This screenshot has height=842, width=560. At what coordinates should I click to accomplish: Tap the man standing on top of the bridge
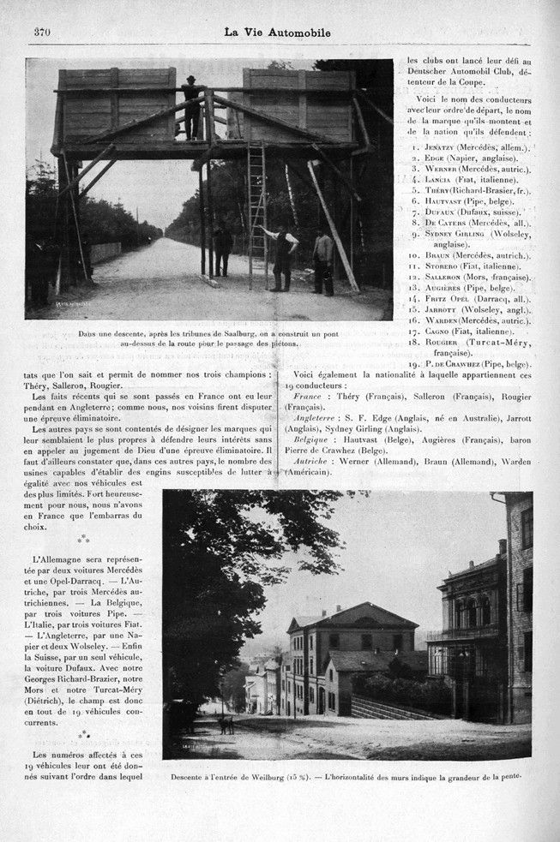pos(191,107)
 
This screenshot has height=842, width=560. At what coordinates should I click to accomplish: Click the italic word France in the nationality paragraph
pos(306,397)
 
